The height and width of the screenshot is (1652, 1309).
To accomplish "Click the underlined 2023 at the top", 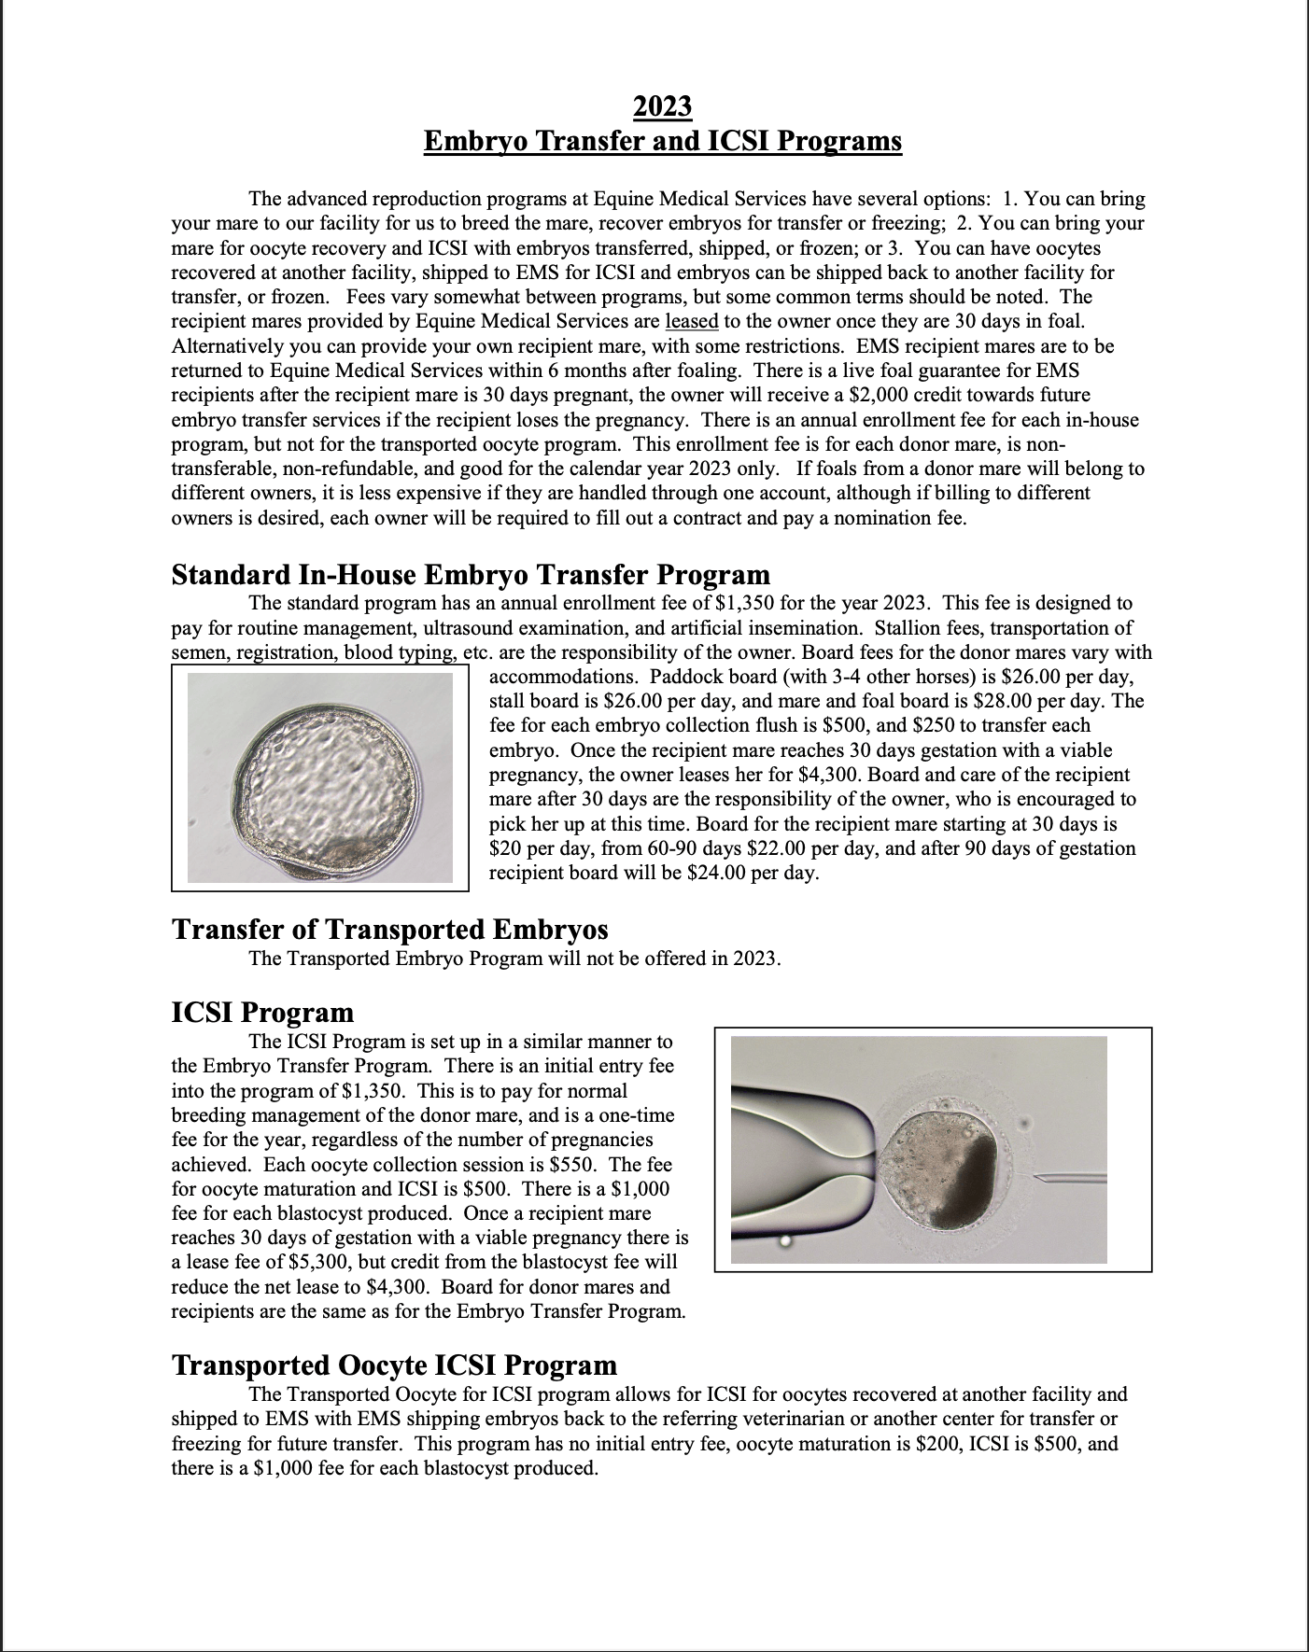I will (662, 106).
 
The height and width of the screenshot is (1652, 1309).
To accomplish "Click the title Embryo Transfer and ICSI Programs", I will (662, 141).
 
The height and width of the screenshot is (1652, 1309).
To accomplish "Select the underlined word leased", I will (691, 321).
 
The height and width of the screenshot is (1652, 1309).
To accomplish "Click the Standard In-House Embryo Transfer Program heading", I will (471, 575).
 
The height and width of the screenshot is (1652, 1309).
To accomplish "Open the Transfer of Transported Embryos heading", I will (389, 930).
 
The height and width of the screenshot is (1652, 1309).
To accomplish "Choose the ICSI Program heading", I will (262, 1013).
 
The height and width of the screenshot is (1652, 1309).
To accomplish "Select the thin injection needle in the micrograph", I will (1069, 1179).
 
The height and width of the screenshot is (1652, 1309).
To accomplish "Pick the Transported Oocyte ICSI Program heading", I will (394, 1365).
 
